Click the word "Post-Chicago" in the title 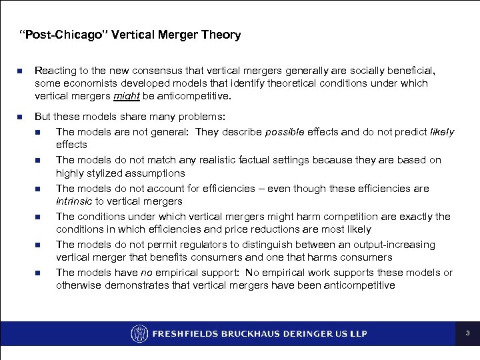coord(55,35)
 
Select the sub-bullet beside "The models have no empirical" coord(42,273)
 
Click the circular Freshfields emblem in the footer coord(139,333)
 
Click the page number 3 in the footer coord(467,333)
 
